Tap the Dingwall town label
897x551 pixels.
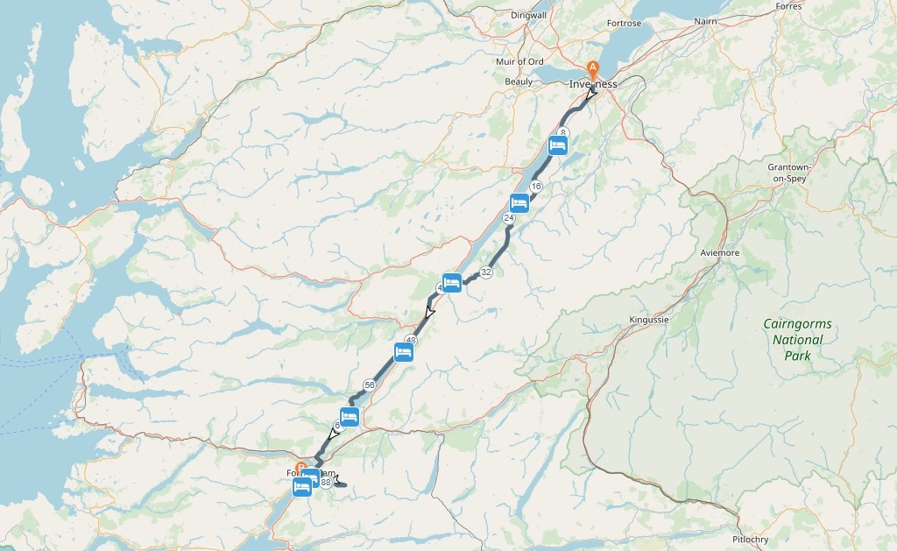pyautogui.click(x=528, y=16)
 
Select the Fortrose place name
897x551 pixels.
pyautogui.click(x=624, y=24)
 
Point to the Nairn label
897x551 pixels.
pyautogui.click(x=705, y=21)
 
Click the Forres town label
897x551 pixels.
pyautogui.click(x=788, y=6)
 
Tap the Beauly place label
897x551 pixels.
pyautogui.click(x=518, y=81)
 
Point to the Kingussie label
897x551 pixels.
pyautogui.click(x=648, y=320)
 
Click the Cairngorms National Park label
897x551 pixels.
pyautogui.click(x=797, y=340)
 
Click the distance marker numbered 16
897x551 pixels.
pyautogui.click(x=536, y=187)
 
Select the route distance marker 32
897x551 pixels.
pyautogui.click(x=486, y=272)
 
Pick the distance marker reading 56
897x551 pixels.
pyautogui.click(x=369, y=385)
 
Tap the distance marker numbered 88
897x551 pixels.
pyautogui.click(x=326, y=482)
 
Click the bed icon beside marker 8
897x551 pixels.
pyautogui.click(x=557, y=145)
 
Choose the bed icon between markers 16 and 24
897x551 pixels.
pyautogui.click(x=519, y=203)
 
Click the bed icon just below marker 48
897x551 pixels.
pyautogui.click(x=403, y=352)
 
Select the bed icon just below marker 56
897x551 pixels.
pyautogui.click(x=350, y=417)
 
